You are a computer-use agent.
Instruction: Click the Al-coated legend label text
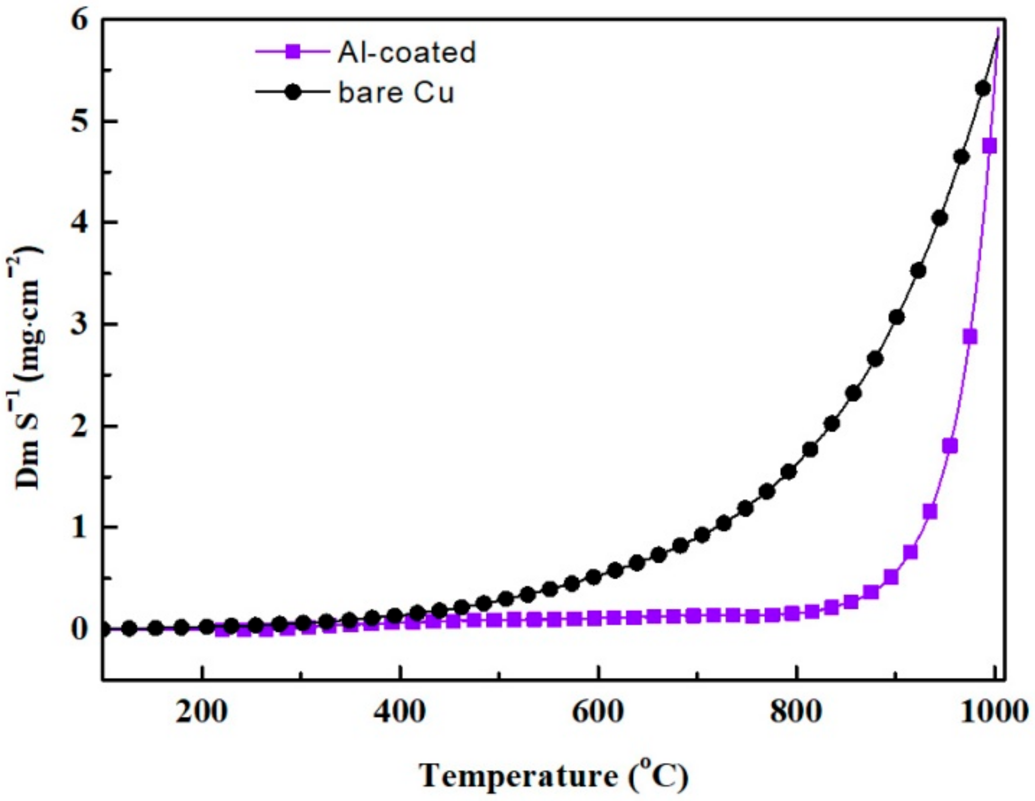(406, 52)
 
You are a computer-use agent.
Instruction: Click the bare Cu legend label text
(396, 93)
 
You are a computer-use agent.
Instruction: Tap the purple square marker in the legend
(293, 52)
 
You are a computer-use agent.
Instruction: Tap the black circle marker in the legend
(293, 92)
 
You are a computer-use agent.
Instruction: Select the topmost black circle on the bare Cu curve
(983, 88)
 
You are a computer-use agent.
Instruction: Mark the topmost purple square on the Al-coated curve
(989, 146)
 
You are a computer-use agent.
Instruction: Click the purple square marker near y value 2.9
(969, 337)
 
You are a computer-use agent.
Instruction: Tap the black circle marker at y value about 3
(896, 317)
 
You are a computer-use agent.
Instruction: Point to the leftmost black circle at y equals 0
(104, 629)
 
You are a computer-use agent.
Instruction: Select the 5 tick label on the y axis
(80, 122)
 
